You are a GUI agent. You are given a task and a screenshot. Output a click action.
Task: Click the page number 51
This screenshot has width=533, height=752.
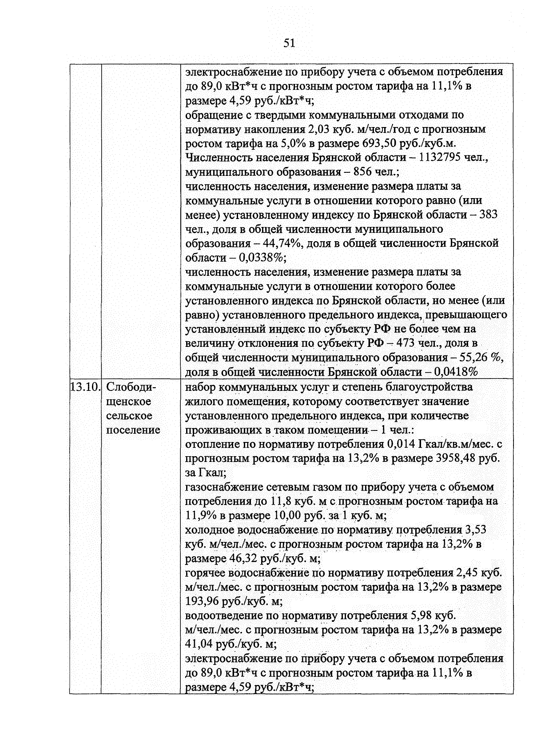(x=289, y=43)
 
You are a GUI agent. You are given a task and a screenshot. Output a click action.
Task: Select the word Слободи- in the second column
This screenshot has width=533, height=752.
(x=131, y=387)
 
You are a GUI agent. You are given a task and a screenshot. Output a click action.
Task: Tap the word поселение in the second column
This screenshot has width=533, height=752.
(x=133, y=430)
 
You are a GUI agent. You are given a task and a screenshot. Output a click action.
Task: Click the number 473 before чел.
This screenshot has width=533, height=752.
(x=406, y=343)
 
